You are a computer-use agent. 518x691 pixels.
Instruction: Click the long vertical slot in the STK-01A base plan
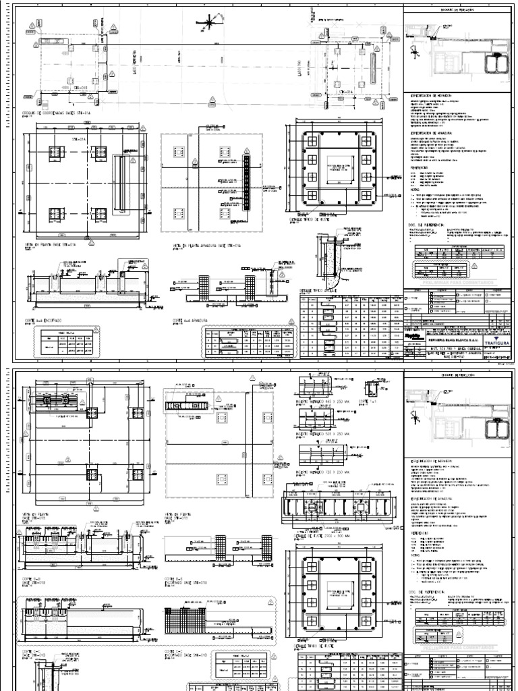[x=121, y=182]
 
